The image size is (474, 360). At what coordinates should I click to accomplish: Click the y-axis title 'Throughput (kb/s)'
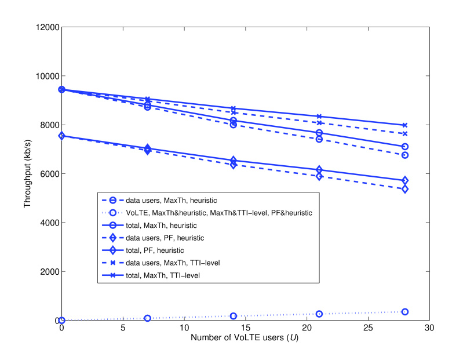[27, 174]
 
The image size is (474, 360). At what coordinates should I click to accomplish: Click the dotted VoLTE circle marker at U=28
[404, 312]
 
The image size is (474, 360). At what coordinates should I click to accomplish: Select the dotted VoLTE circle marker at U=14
[234, 316]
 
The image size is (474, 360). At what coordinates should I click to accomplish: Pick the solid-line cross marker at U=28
[404, 125]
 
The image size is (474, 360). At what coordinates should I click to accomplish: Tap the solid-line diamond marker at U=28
[404, 180]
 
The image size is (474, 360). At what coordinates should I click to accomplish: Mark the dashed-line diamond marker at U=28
[404, 189]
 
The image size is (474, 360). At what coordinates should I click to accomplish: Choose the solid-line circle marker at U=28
[404, 147]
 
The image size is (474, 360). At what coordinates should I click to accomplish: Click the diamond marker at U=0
[62, 136]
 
